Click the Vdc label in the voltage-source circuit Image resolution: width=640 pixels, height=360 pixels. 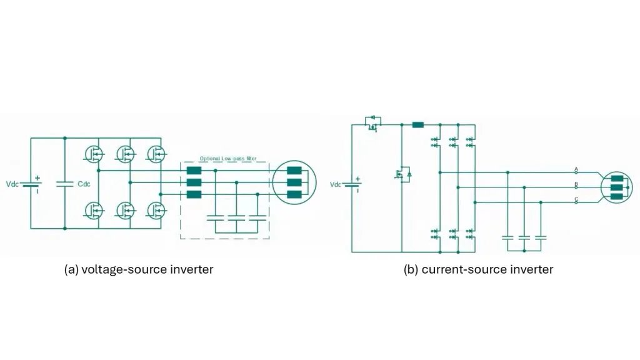click(x=12, y=184)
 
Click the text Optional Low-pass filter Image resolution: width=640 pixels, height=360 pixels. click(x=227, y=159)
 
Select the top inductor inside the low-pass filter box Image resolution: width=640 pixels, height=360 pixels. click(x=194, y=170)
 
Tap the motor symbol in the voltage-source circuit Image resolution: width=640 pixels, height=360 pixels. click(x=294, y=182)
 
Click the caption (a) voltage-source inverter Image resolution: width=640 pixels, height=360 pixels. click(x=139, y=269)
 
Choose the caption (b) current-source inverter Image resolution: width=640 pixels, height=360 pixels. click(x=478, y=269)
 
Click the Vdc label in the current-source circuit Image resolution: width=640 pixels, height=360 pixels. click(x=336, y=184)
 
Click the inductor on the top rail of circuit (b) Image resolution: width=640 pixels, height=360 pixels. click(x=418, y=124)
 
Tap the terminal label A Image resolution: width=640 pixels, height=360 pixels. click(x=576, y=168)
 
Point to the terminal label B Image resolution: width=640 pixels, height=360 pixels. click(x=576, y=184)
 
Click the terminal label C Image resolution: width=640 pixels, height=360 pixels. click(x=576, y=199)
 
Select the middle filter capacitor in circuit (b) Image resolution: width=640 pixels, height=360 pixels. click(x=524, y=237)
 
